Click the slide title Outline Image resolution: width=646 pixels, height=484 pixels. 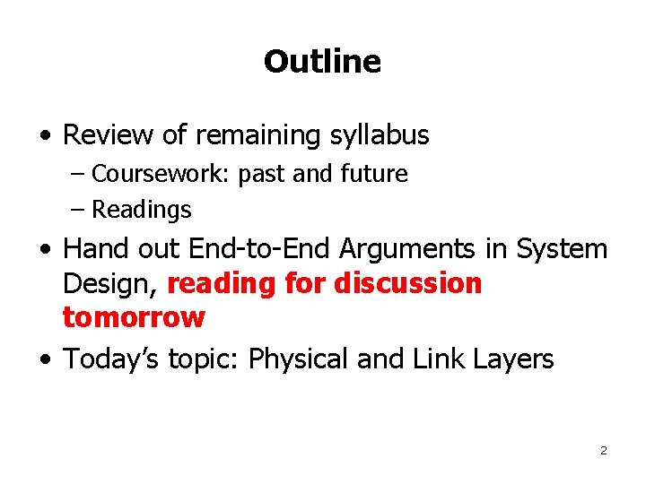[x=322, y=62]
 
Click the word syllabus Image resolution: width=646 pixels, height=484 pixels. [x=377, y=135]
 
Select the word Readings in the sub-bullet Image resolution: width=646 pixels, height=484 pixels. [x=142, y=210]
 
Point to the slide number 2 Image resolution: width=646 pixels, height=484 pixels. [x=603, y=450]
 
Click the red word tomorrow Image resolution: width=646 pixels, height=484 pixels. [x=134, y=317]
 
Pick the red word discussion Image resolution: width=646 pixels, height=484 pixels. [x=408, y=284]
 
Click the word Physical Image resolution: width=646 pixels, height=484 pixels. [x=298, y=359]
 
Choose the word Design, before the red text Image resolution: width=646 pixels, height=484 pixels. [x=111, y=284]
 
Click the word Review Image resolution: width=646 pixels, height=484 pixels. [x=109, y=135]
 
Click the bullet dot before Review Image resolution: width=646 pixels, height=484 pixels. [x=45, y=136]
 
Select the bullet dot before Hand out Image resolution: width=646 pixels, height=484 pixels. [x=45, y=249]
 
